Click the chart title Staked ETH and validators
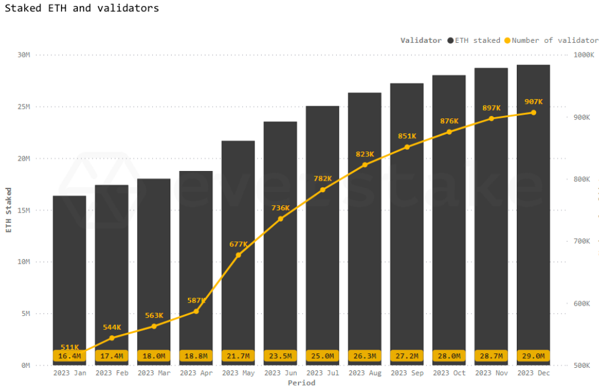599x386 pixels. coord(82,8)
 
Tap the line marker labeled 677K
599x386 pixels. coord(238,255)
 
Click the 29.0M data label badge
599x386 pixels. coord(533,356)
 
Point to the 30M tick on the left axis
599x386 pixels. coord(24,55)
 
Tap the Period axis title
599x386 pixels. coord(301,382)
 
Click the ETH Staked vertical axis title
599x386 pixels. coord(8,210)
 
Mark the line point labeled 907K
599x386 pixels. coord(533,112)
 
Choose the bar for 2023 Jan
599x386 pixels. coord(70,272)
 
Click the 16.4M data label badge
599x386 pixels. coord(70,356)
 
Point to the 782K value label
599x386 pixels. coord(323,179)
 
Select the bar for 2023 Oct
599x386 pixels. coord(449,211)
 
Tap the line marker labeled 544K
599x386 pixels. coord(112,338)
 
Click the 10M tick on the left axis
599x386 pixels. coord(24,262)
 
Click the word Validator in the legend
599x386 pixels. coord(421,40)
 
